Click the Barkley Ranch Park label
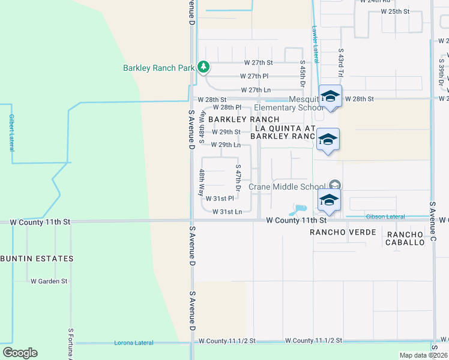(158, 68)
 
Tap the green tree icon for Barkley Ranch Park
(204, 67)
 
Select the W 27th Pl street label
(255, 76)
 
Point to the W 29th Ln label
(226, 145)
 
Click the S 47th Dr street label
(238, 178)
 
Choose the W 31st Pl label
(219, 199)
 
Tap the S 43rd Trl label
(340, 63)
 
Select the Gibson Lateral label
(369, 216)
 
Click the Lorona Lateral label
(134, 343)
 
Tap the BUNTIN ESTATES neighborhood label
(37, 259)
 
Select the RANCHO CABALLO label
(406, 239)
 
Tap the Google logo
(20, 353)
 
